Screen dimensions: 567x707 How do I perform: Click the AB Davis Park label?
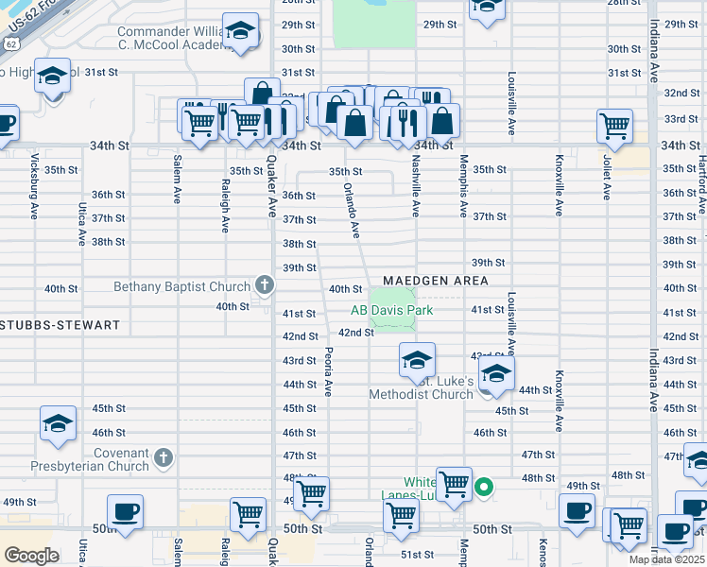(391, 310)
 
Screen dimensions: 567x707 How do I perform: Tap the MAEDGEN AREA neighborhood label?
(436, 281)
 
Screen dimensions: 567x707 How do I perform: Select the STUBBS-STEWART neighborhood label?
(60, 325)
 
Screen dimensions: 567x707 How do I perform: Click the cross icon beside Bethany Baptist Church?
(265, 285)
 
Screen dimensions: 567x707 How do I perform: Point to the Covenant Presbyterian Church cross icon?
(164, 458)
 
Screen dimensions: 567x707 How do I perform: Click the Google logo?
(31, 556)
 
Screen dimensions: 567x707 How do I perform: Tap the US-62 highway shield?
(10, 43)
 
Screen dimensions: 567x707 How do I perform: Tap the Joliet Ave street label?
(606, 179)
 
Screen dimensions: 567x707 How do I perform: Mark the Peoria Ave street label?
(328, 370)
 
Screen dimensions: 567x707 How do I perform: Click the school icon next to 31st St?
(53, 76)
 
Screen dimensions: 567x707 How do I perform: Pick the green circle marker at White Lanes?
(484, 488)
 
